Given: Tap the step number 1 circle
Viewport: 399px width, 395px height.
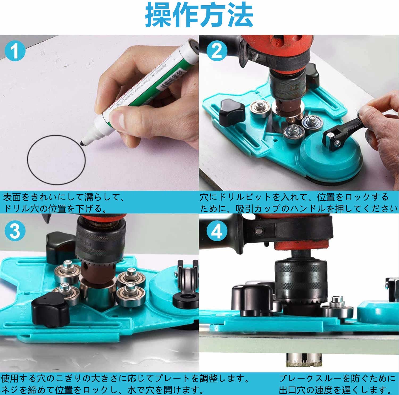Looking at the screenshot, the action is pyautogui.click(x=15, y=51).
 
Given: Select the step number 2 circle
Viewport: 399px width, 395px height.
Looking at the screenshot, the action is pyautogui.click(x=217, y=51).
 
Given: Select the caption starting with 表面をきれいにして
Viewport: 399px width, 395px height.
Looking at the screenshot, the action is pyautogui.click(x=64, y=203).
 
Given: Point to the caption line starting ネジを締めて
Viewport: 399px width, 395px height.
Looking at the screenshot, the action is pyautogui.click(x=102, y=389).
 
